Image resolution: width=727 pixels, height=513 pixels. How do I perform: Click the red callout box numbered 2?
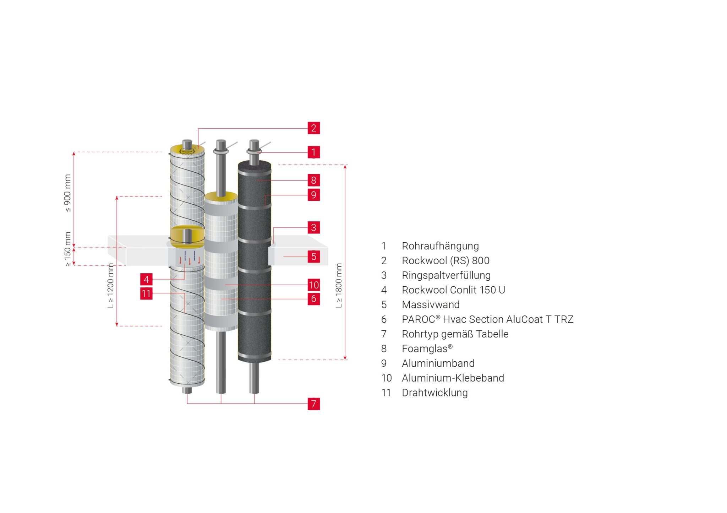(x=313, y=128)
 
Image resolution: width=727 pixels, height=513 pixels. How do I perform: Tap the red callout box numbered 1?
(x=313, y=152)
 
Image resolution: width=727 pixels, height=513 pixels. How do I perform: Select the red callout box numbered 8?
(x=313, y=180)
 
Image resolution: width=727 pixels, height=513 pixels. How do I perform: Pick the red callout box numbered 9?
(x=313, y=195)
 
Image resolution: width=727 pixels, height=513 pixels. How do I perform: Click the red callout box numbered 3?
(x=313, y=227)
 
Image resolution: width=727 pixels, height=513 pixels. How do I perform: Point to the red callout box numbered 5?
(x=313, y=256)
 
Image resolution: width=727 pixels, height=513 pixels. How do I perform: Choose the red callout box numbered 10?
(x=313, y=285)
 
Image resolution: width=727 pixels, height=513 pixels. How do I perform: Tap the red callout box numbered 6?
(x=313, y=299)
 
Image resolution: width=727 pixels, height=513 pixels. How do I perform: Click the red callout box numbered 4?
(x=146, y=279)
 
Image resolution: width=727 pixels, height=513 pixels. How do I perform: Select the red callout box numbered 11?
(x=146, y=294)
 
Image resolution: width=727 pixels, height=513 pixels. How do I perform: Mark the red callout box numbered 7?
(x=313, y=404)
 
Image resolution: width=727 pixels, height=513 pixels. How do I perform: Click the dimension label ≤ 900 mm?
(x=67, y=193)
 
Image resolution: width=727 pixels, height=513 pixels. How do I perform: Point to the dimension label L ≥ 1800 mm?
(x=339, y=285)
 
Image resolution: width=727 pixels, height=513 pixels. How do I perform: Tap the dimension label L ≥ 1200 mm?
(x=111, y=285)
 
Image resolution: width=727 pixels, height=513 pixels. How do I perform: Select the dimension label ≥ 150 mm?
(x=67, y=249)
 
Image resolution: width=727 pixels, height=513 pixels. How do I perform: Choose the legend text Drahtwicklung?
(x=435, y=393)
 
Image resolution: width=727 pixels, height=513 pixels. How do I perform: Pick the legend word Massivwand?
(x=431, y=304)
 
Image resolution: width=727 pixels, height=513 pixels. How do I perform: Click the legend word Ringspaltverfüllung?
(x=446, y=275)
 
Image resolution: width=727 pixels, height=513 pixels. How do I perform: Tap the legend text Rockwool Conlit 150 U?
(x=453, y=290)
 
